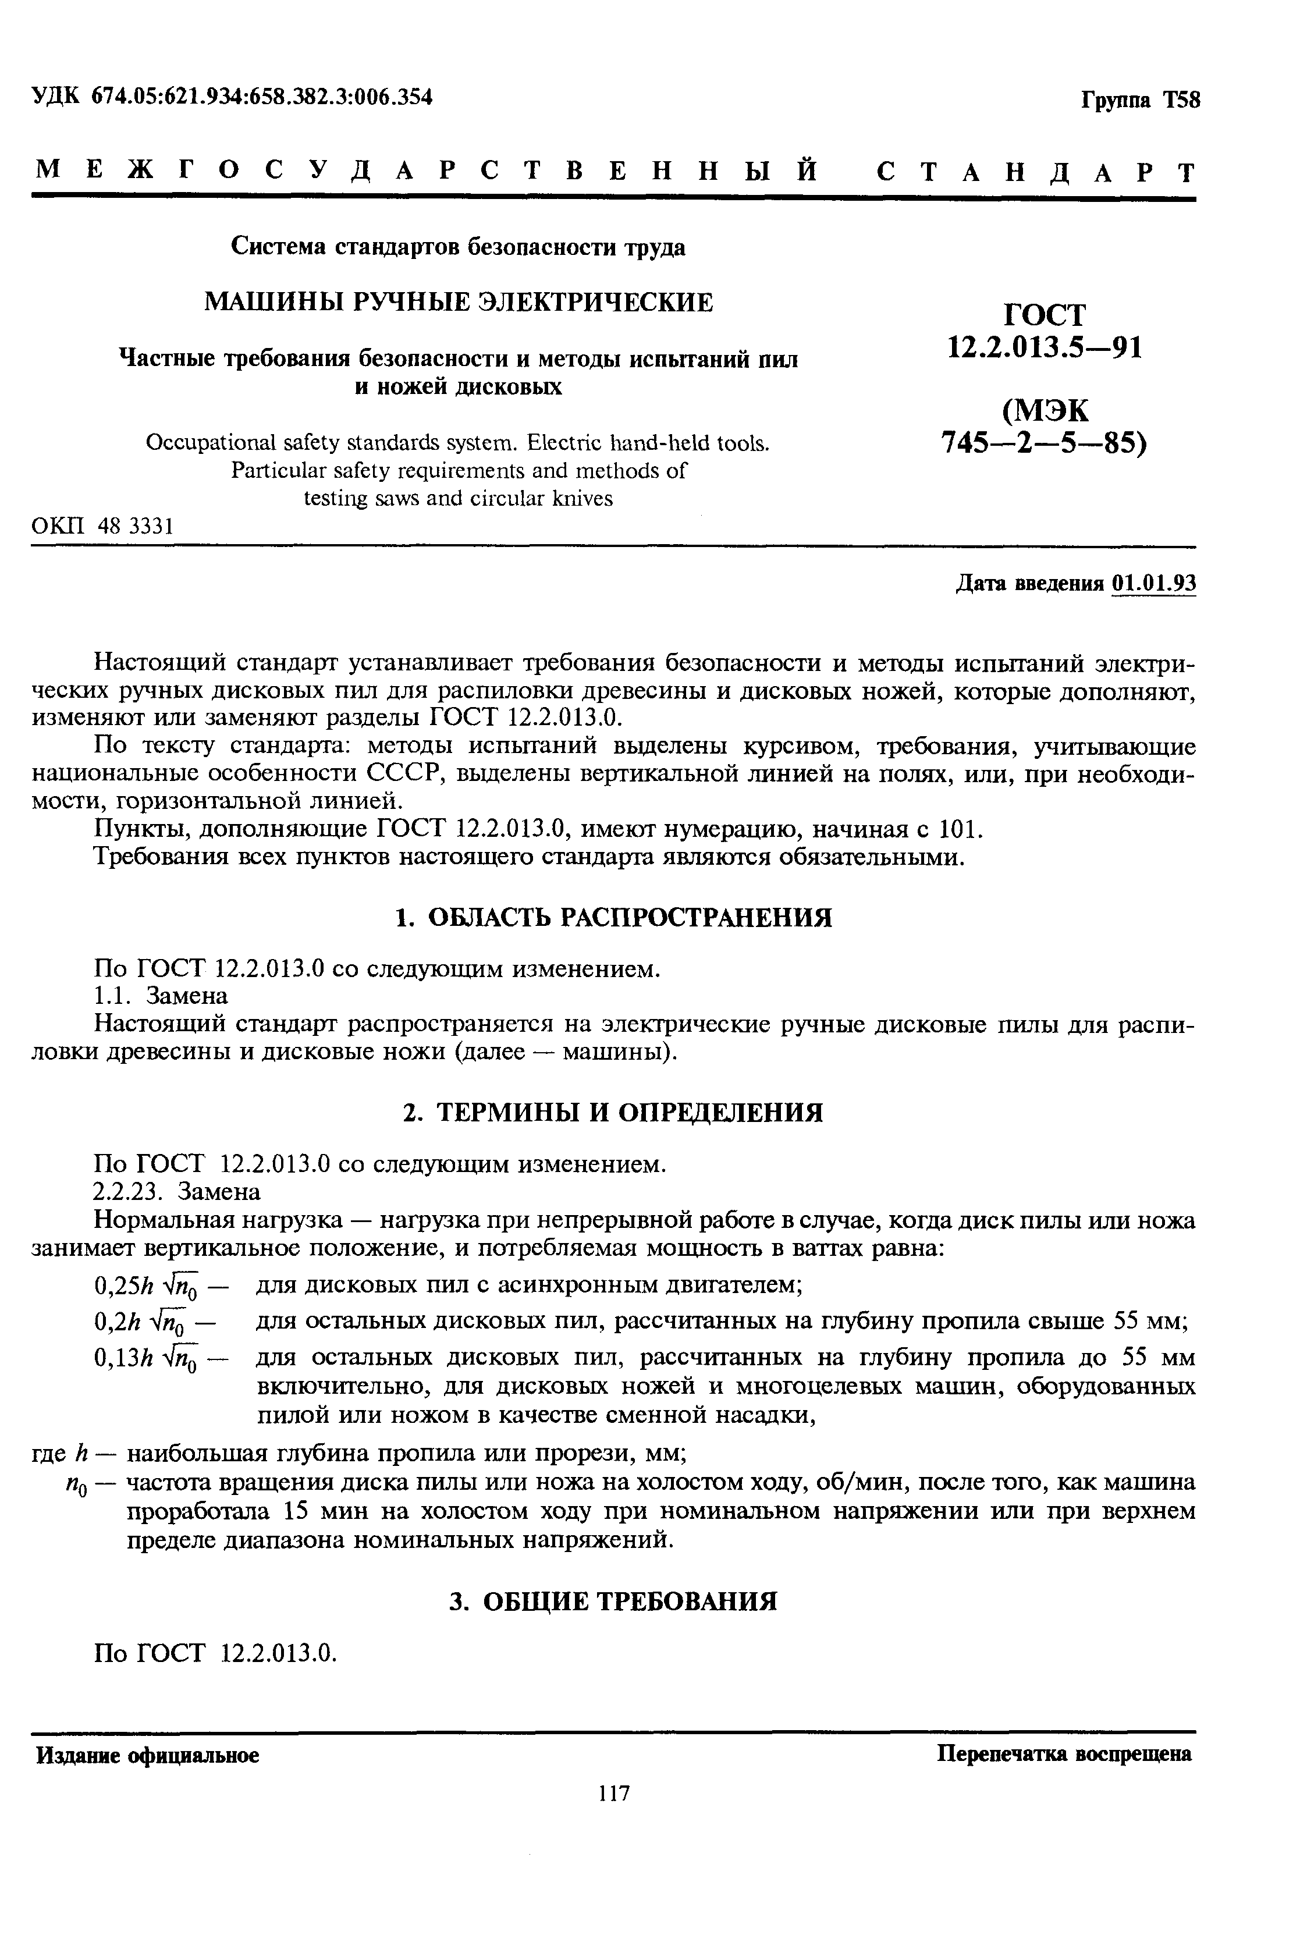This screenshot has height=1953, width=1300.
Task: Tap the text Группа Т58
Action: point(1139,100)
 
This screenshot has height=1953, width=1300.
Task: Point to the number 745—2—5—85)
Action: point(1045,445)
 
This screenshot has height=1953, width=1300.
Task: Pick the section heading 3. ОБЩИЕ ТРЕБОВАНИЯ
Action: point(613,1602)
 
